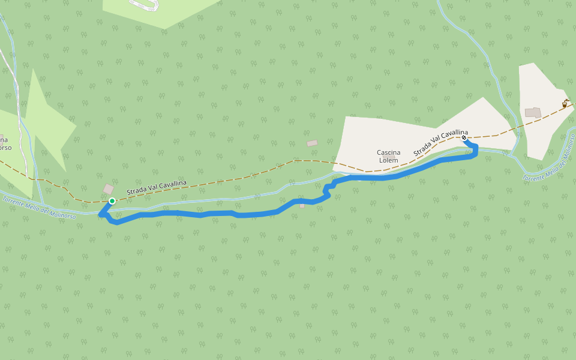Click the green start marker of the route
pyautogui.click(x=112, y=201)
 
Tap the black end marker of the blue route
pyautogui.click(x=464, y=137)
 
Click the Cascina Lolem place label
pyautogui.click(x=388, y=156)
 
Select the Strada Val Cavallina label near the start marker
pyautogui.click(x=156, y=187)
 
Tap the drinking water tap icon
pyautogui.click(x=565, y=103)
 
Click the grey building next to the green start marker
pyautogui.click(x=109, y=190)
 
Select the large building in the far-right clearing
pyautogui.click(x=532, y=112)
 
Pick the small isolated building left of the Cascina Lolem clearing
pyautogui.click(x=312, y=143)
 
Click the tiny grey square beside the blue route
pyautogui.click(x=302, y=206)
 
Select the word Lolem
pyautogui.click(x=388, y=160)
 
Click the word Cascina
pyautogui.click(x=388, y=152)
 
